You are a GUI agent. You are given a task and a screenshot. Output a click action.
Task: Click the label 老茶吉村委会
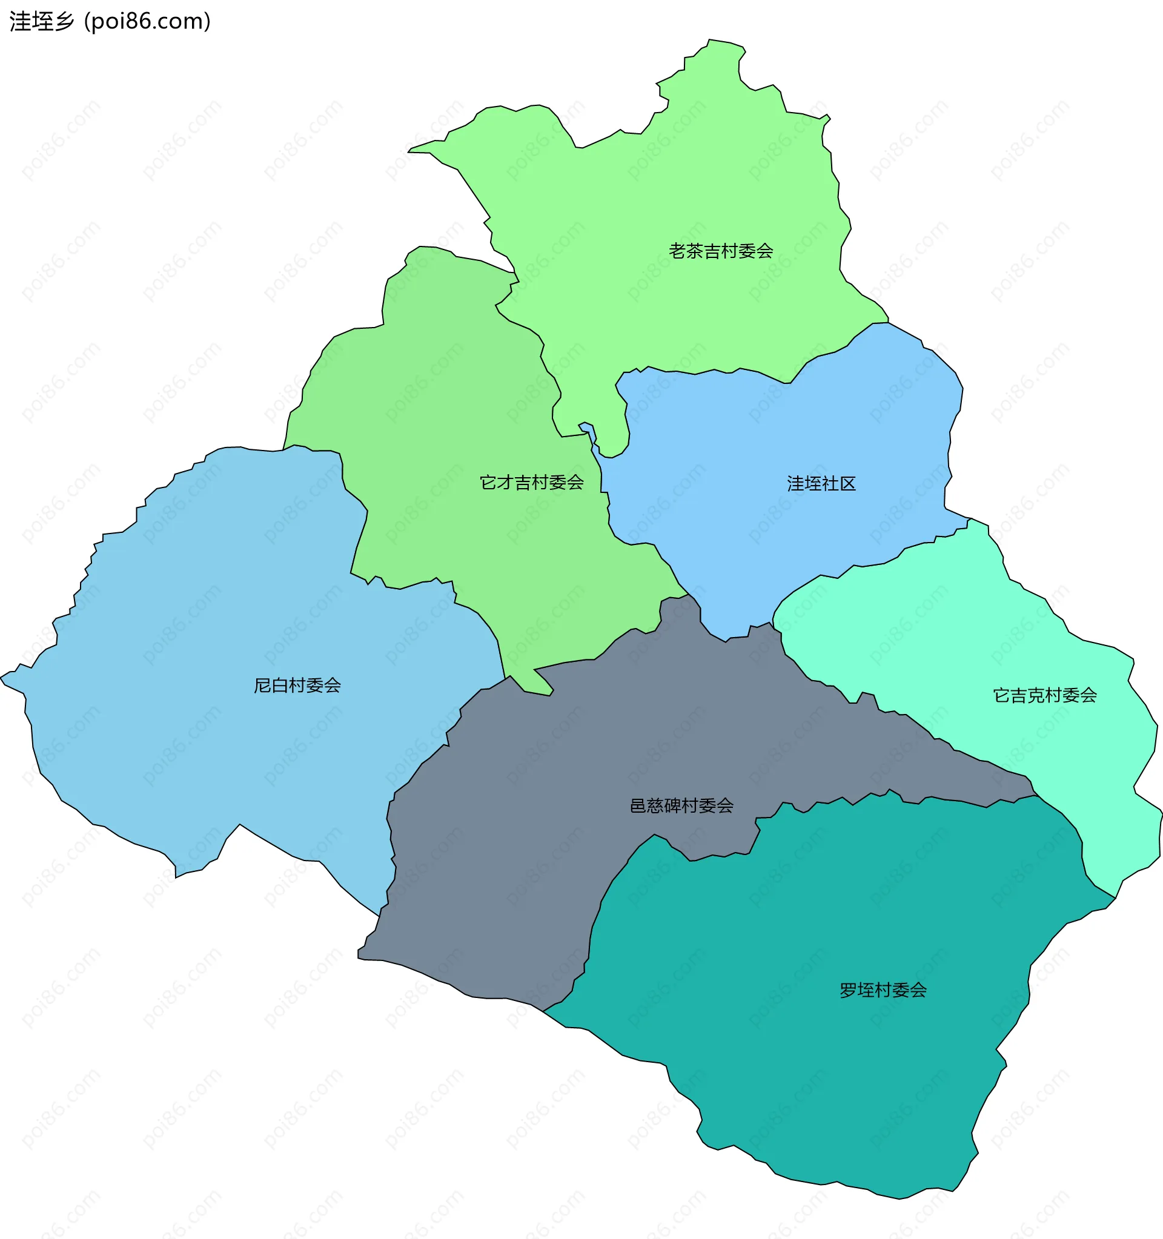click(720, 251)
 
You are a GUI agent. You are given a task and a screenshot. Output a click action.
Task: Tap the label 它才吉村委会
click(531, 483)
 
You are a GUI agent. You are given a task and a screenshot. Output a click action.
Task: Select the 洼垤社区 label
click(821, 484)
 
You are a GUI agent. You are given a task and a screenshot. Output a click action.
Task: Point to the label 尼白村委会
click(297, 686)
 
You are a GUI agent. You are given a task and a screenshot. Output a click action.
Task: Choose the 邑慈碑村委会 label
click(681, 806)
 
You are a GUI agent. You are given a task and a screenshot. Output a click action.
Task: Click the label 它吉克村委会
click(1045, 695)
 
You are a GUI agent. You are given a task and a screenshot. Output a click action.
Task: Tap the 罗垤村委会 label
click(883, 990)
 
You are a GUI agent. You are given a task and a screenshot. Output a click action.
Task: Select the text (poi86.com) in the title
click(148, 22)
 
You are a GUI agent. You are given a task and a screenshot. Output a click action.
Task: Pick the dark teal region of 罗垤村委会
click(841, 1072)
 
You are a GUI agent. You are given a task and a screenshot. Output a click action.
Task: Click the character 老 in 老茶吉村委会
click(677, 251)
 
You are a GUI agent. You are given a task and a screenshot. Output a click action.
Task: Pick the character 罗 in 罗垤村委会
click(847, 990)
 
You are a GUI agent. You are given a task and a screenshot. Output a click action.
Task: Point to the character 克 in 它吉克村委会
click(1036, 695)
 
